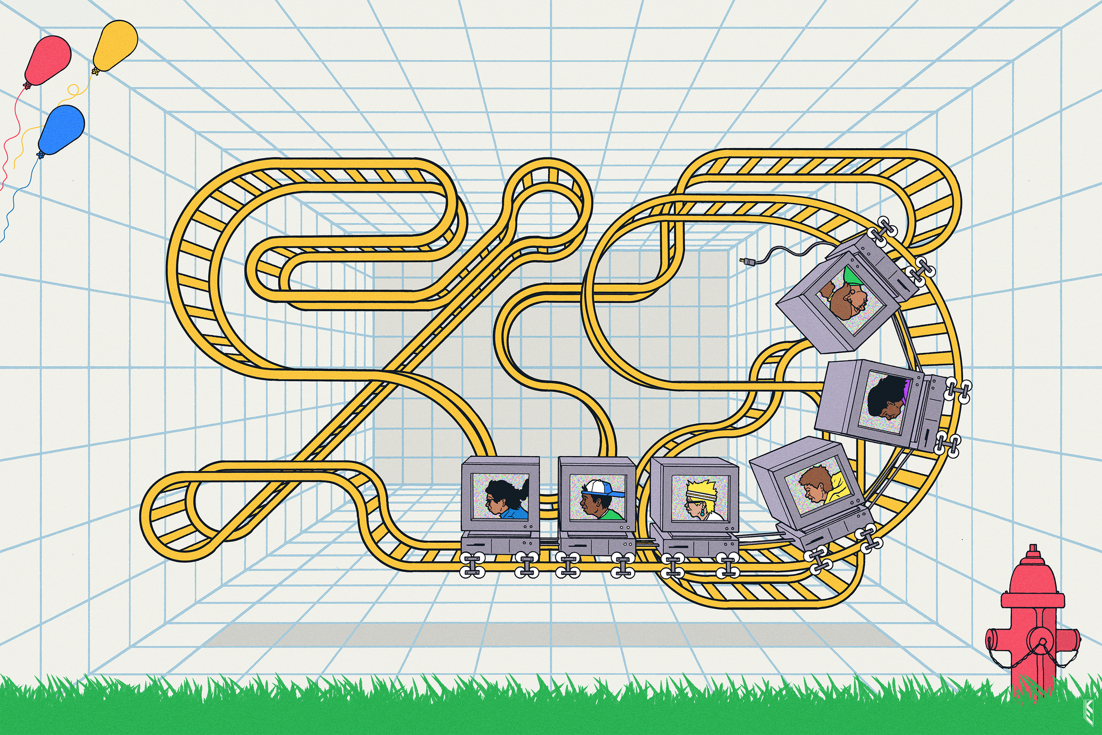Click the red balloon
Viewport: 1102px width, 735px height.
(48, 60)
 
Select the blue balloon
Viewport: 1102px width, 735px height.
(62, 129)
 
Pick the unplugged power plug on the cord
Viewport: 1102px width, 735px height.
(744, 261)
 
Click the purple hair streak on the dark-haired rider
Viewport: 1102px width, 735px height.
(906, 391)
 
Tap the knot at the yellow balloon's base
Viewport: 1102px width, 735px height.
(95, 72)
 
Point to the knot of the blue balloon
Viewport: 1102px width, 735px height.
(40, 154)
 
